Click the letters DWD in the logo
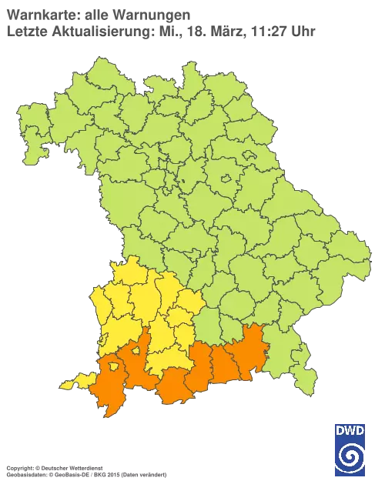[350, 430]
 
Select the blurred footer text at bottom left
[85, 468]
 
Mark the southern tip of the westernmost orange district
[109, 413]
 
